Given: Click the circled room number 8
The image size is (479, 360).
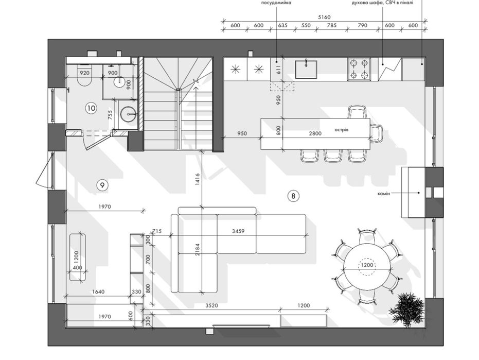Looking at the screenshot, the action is (x=293, y=196).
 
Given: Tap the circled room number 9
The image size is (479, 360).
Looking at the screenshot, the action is (x=102, y=185).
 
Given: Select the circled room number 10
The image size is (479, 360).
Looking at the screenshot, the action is (x=91, y=108).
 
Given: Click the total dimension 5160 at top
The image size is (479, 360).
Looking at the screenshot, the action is (x=324, y=17).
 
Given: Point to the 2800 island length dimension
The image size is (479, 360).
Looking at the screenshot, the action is (x=315, y=133).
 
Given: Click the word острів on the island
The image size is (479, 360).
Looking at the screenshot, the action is (x=341, y=130).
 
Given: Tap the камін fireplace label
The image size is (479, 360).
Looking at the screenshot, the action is (x=384, y=194).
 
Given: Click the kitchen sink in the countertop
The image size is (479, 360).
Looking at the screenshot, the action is (x=306, y=69).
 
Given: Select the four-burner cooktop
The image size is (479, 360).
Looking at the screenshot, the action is (x=359, y=69).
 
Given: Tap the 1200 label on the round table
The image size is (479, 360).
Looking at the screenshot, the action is (x=367, y=265).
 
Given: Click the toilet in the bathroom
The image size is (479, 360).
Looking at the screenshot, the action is (x=84, y=75).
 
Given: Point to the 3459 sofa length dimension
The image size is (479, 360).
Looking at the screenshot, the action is (x=238, y=231).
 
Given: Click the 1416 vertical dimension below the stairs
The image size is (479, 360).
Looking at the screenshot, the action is (x=197, y=180).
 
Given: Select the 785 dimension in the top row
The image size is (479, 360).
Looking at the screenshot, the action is (x=331, y=25).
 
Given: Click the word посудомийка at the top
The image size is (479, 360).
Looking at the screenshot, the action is (x=276, y=3).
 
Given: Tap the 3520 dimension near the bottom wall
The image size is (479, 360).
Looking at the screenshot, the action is (x=211, y=305).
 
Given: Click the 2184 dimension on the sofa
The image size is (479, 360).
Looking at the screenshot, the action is (x=197, y=250).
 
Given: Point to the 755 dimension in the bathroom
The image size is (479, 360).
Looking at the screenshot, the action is (x=110, y=115).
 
